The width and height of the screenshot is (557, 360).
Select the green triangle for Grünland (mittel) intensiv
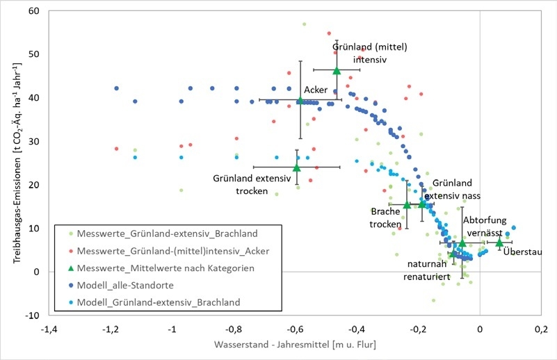[x=337, y=70]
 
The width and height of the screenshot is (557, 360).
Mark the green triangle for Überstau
[x=499, y=242]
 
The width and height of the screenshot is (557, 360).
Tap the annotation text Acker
[x=316, y=89]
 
